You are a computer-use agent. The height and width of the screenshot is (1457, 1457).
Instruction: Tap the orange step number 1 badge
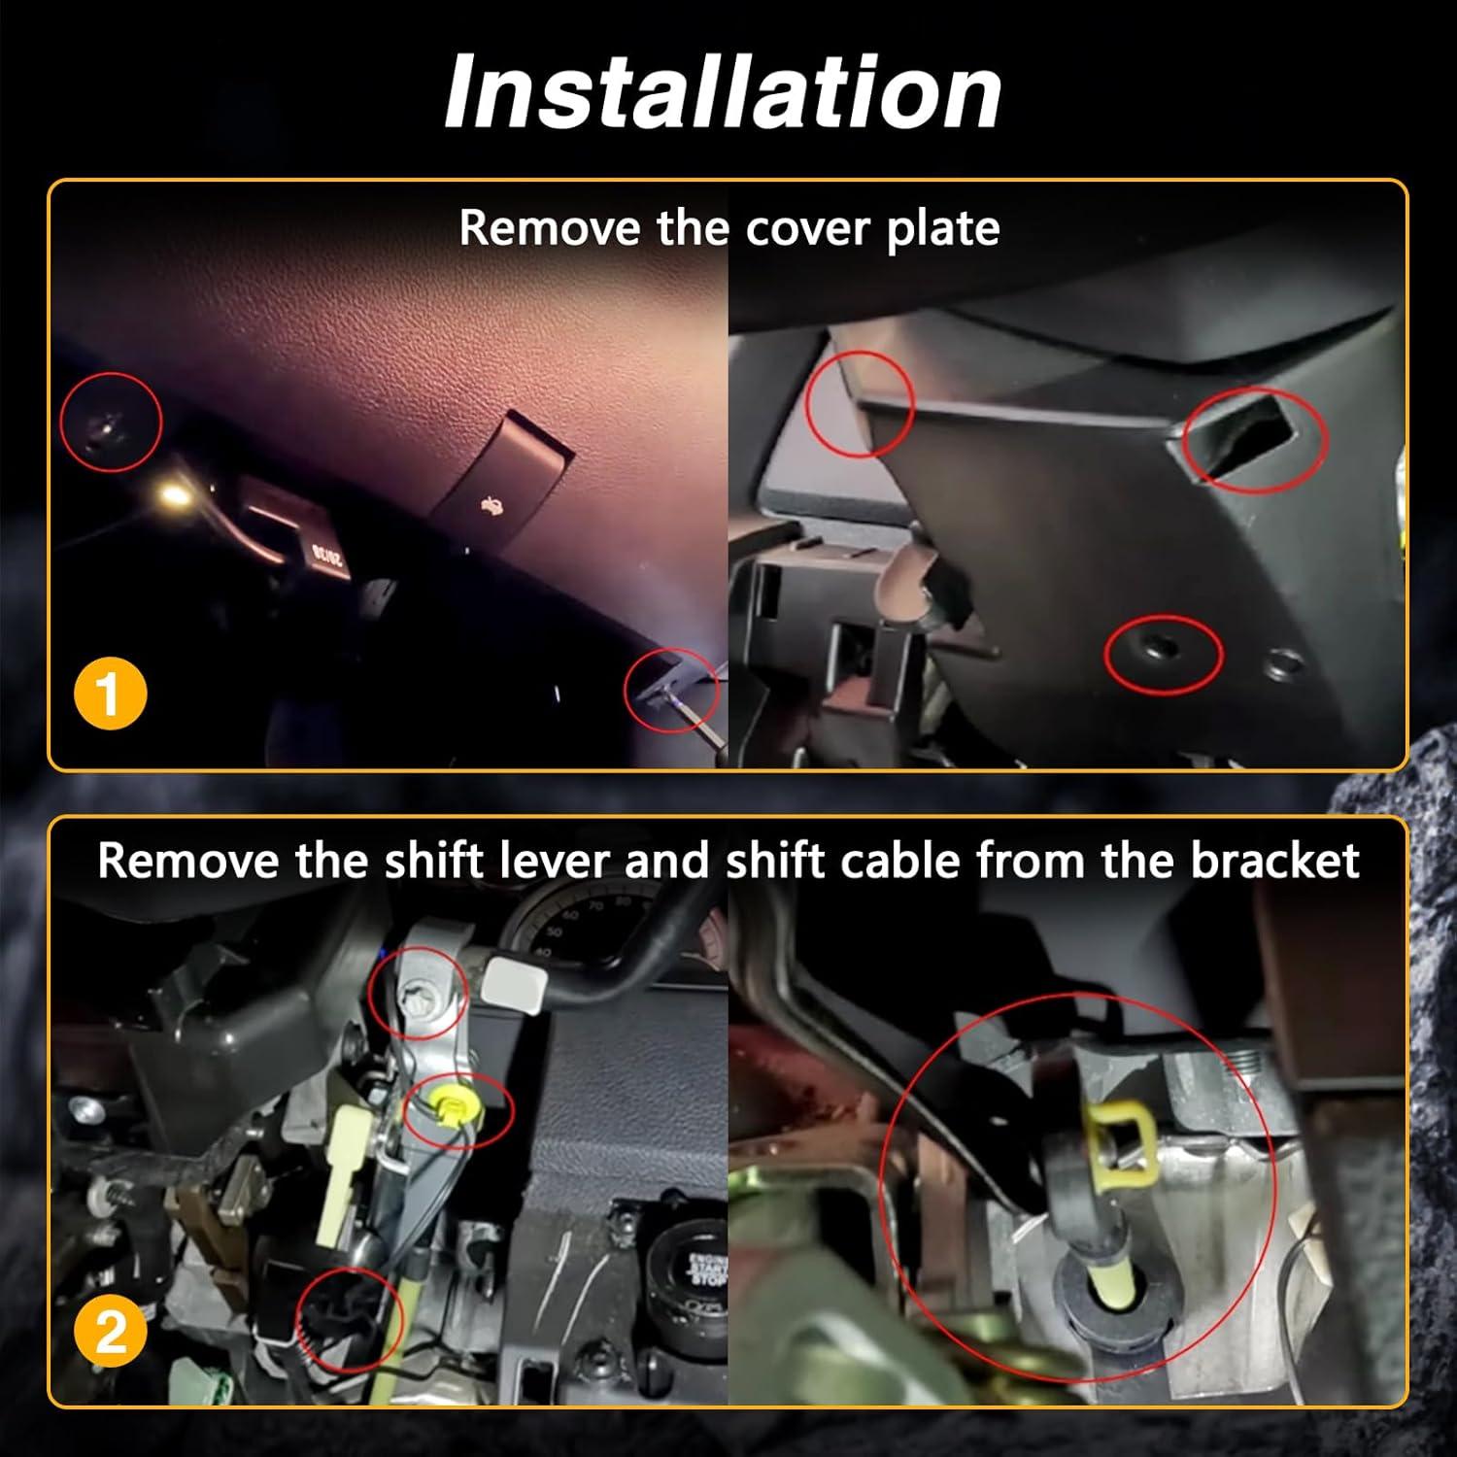[110, 695]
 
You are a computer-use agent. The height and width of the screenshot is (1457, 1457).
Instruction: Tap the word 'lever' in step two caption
[564, 862]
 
